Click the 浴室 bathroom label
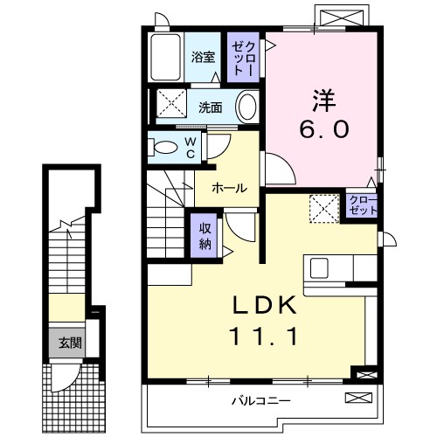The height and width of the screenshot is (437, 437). pyautogui.click(x=203, y=59)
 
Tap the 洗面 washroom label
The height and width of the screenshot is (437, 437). pyautogui.click(x=210, y=108)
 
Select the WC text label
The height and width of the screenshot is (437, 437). pyautogui.click(x=188, y=147)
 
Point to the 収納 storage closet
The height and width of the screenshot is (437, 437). pyautogui.click(x=204, y=233)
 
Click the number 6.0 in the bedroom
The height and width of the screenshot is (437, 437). pyautogui.click(x=324, y=128)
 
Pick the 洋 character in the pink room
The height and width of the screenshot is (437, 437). pyautogui.click(x=324, y=94)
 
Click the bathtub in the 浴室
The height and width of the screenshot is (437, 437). pyautogui.click(x=165, y=57)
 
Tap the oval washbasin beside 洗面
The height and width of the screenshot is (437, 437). pyautogui.click(x=248, y=108)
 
